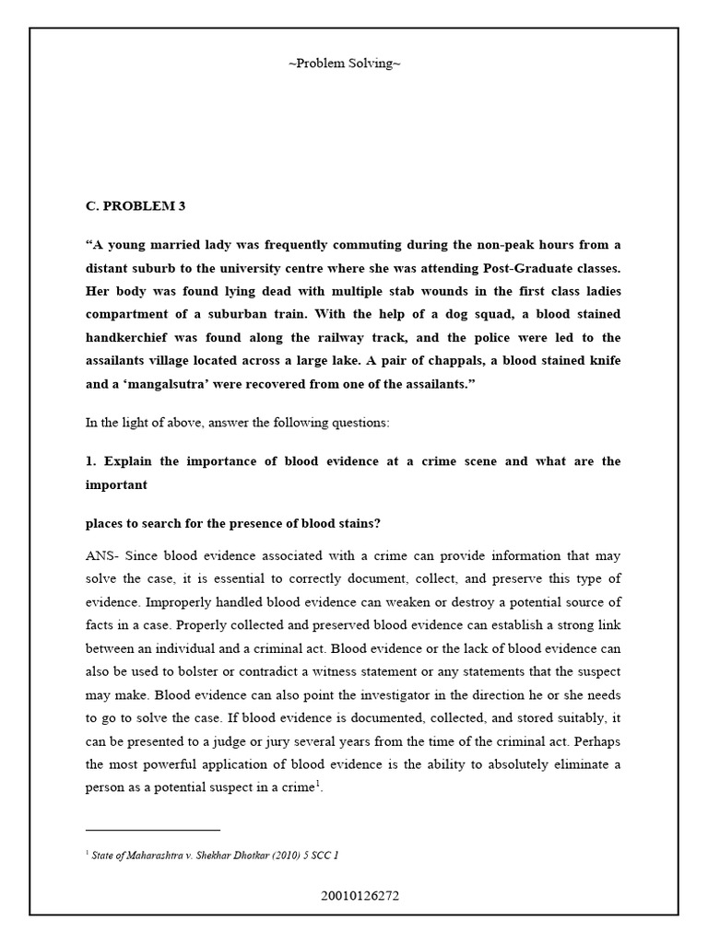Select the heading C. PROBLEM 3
(136, 206)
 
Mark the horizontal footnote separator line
(153, 830)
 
